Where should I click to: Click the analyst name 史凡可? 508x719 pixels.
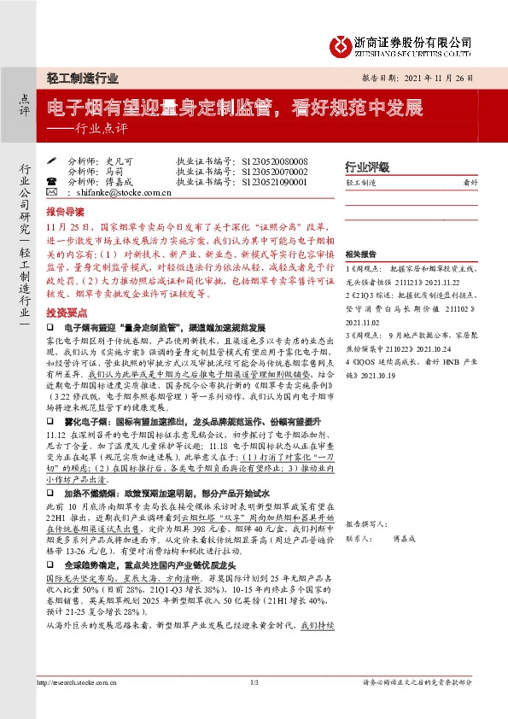click(120, 161)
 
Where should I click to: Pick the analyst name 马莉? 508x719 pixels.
click(115, 172)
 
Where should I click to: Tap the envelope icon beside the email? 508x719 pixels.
click(51, 193)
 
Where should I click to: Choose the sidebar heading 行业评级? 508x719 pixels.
click(366, 167)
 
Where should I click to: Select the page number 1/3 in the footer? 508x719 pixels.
click(254, 682)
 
